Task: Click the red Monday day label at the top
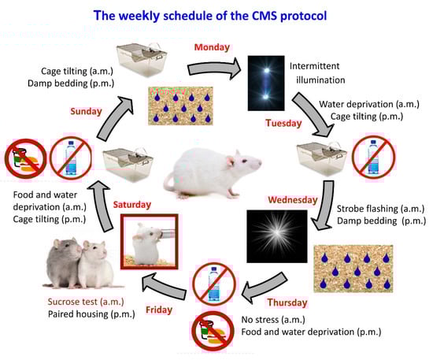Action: pos(212,47)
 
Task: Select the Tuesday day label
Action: pos(283,123)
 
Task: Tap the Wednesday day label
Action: pos(293,200)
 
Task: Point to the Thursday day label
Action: pos(287,302)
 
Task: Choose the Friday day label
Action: pos(159,310)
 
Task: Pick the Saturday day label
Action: pos(132,205)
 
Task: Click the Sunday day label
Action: pos(86,111)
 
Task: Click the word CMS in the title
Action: pos(264,16)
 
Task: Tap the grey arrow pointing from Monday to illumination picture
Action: pos(213,69)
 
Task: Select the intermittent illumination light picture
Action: pos(266,84)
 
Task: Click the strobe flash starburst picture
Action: pos(276,236)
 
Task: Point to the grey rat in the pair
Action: pos(64,262)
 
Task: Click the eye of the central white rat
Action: pos(244,161)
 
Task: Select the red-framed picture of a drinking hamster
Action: pos(149,242)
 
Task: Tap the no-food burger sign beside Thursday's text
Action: pos(213,331)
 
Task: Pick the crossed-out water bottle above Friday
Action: pos(214,284)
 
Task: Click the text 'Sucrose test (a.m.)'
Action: pos(86,302)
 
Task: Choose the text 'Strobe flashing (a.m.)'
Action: pos(380,209)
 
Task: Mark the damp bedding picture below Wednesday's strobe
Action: pos(353,269)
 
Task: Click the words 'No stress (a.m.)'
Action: pos(273,320)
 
